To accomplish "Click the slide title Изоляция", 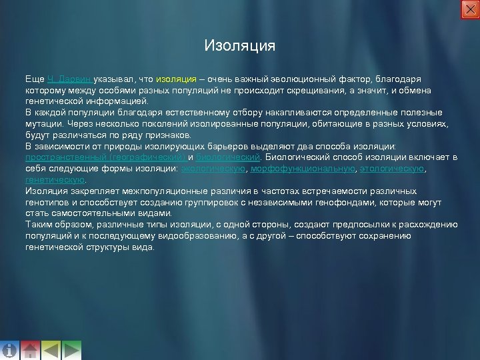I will (239, 47).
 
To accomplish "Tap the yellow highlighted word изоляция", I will (176, 79).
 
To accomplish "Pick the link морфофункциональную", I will (302, 169).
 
